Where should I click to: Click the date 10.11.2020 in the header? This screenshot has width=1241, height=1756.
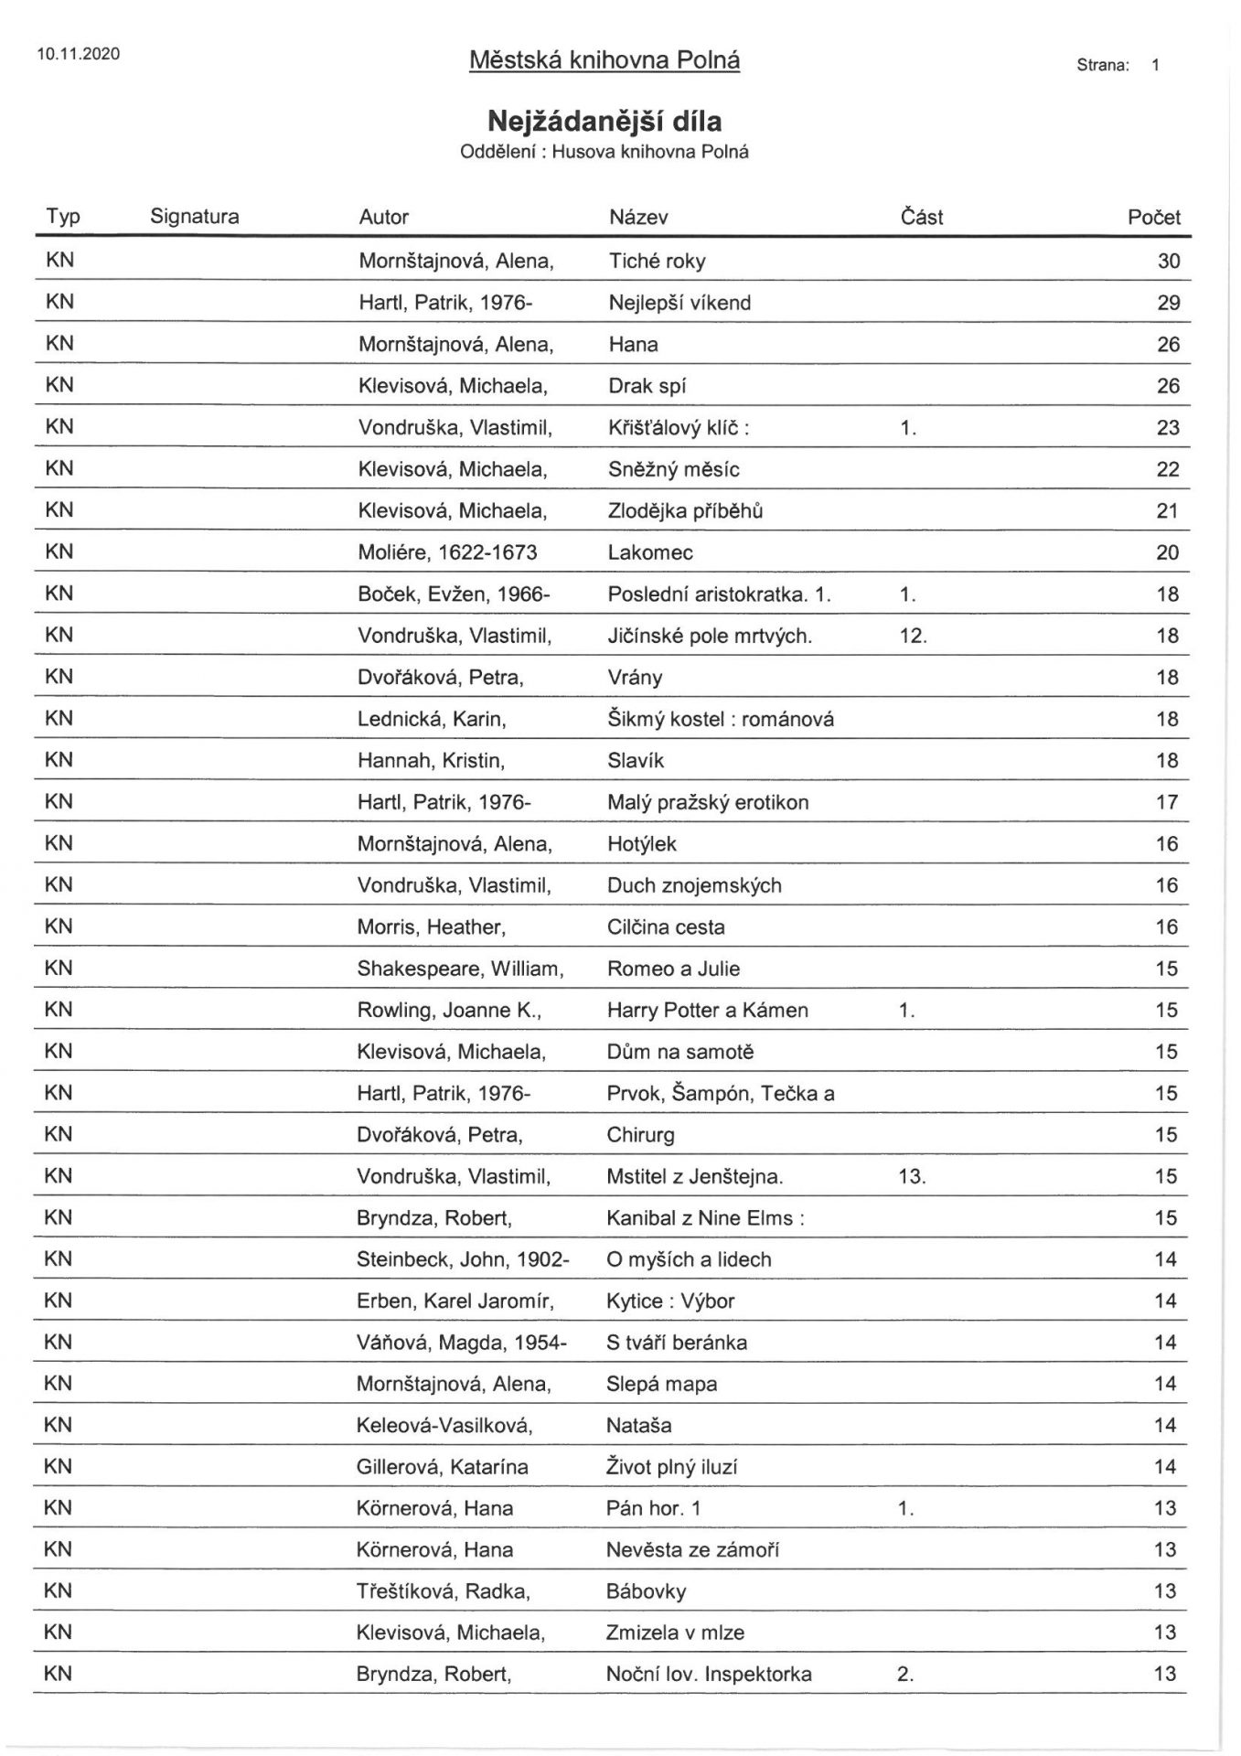tap(79, 54)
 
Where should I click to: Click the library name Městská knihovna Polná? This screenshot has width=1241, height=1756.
tap(604, 60)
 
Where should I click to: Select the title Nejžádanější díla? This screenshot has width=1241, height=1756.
tap(604, 121)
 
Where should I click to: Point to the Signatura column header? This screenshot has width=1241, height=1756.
tap(195, 217)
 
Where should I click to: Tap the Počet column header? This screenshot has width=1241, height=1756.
tap(1154, 218)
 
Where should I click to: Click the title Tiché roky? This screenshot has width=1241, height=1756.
tap(658, 262)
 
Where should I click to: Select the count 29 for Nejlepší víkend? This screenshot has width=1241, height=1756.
tap(1169, 304)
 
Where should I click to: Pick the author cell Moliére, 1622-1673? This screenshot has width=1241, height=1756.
tap(448, 552)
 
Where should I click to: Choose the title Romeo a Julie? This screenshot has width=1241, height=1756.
tap(674, 969)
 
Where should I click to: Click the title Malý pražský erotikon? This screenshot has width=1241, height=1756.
tap(708, 803)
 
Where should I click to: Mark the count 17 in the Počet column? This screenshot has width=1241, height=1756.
tap(1168, 803)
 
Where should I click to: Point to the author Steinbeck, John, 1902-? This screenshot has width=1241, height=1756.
tap(463, 1259)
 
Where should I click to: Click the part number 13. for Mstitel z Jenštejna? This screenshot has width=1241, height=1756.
tap(913, 1176)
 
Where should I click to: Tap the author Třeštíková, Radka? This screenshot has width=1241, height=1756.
tap(444, 1591)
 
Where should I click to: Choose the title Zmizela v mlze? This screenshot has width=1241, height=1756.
tap(675, 1633)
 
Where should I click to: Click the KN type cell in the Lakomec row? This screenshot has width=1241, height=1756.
tap(59, 552)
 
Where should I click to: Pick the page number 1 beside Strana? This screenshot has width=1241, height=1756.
tap(1156, 65)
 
